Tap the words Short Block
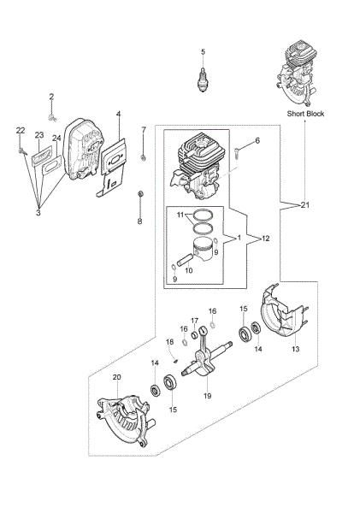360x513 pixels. coord(305,114)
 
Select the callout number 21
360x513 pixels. coord(305,205)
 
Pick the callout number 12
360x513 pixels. coord(265,239)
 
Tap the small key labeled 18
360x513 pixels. coord(175,361)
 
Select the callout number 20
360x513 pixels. coord(117,377)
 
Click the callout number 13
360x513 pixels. coord(295,349)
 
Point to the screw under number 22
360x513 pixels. coord(21,150)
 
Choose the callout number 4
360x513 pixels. coord(119,114)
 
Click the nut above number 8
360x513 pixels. coord(140,193)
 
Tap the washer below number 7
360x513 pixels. coord(143,158)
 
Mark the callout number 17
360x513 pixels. coord(195,320)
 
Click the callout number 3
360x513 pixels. coord(38,213)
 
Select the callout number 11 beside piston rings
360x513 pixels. coord(180,215)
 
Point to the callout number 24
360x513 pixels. coord(56,138)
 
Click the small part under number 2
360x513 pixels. coord(51,117)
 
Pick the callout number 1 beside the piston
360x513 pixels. coord(239,238)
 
